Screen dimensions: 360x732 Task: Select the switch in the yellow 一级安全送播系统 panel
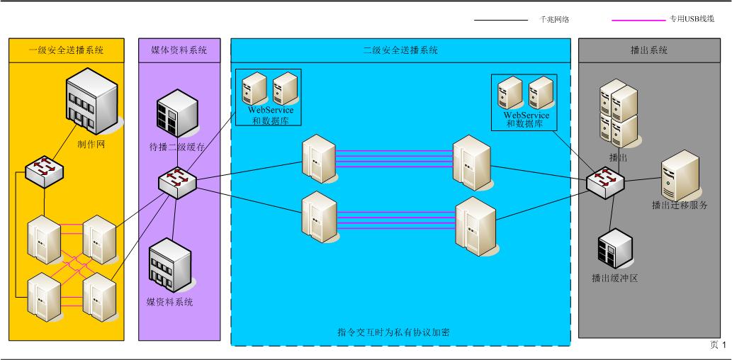pos(44,171)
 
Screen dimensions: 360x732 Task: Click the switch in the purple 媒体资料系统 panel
pos(177,181)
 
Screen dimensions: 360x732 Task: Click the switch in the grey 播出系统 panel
pos(607,181)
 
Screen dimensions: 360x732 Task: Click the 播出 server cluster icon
pos(618,113)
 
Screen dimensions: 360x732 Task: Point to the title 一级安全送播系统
pos(66,50)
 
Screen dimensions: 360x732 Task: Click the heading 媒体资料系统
pos(180,50)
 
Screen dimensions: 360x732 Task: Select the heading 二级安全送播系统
pos(400,50)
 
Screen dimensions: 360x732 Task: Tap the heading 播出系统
pos(648,50)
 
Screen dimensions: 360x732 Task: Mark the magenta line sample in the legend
pos(638,20)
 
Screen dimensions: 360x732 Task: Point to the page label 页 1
pos(717,345)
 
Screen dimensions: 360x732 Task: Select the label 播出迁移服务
pos(680,206)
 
